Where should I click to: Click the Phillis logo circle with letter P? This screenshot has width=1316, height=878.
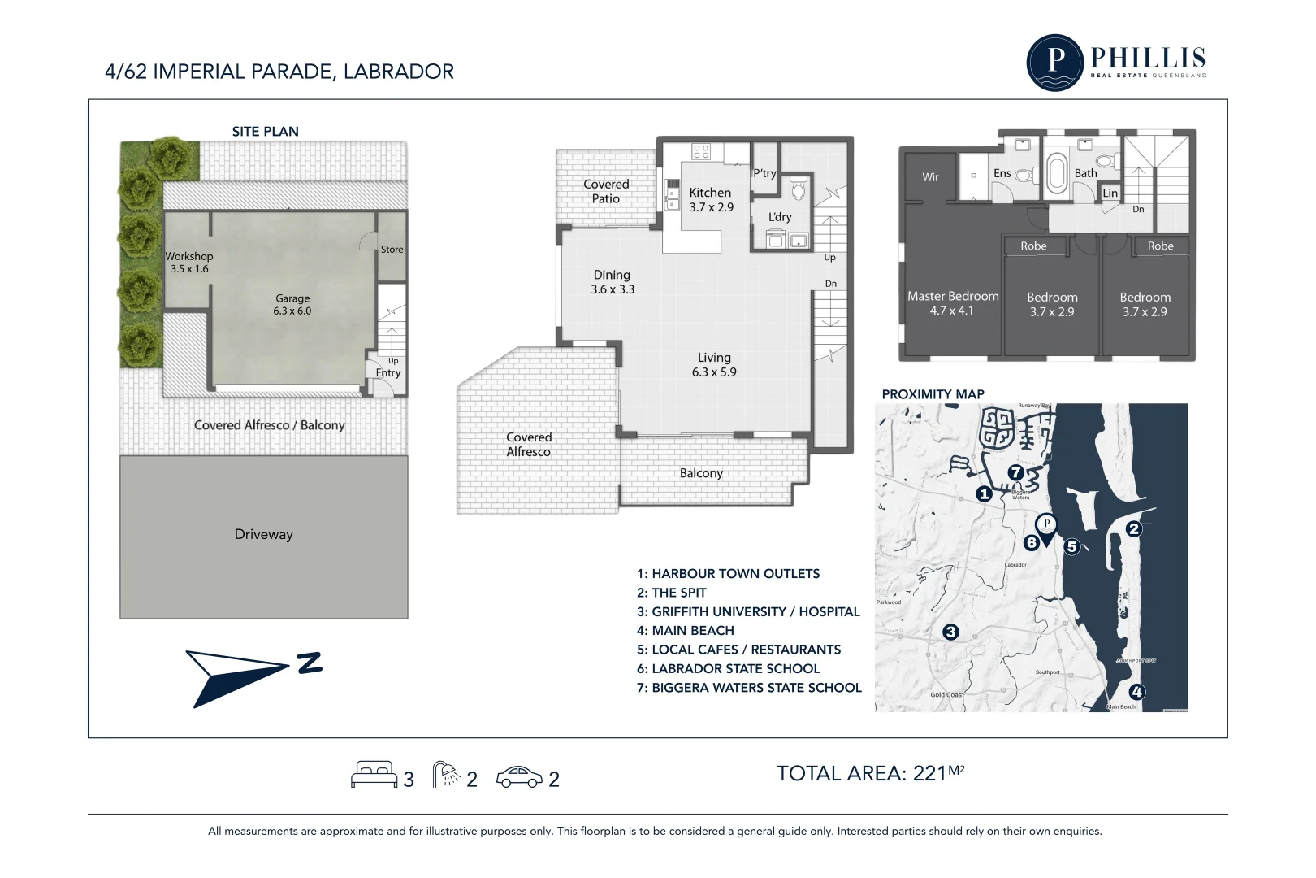click(x=1054, y=62)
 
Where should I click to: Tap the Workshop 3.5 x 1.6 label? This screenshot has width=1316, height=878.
click(x=189, y=262)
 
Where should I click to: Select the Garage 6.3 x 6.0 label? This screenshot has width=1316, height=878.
click(x=292, y=304)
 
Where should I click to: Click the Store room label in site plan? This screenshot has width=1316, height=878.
click(x=392, y=250)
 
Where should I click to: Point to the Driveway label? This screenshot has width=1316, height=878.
click(x=263, y=534)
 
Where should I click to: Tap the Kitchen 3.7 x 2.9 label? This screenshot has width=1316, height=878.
click(x=711, y=199)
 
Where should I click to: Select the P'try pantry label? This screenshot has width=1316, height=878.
click(x=764, y=173)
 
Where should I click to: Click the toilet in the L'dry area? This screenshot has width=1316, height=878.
click(x=799, y=190)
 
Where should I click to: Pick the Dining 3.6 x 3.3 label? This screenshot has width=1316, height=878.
click(x=612, y=281)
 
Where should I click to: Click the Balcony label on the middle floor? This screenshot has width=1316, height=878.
click(x=700, y=473)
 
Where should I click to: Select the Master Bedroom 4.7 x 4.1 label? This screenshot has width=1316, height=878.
click(x=952, y=303)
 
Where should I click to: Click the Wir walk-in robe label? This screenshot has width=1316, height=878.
click(x=930, y=177)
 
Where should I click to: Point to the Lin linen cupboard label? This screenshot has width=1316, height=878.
click(x=1110, y=193)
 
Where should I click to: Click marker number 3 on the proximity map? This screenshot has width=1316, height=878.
click(x=950, y=632)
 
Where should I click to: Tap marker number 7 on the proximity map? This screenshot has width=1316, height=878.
click(x=1015, y=472)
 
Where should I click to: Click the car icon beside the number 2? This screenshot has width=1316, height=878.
click(x=518, y=777)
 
